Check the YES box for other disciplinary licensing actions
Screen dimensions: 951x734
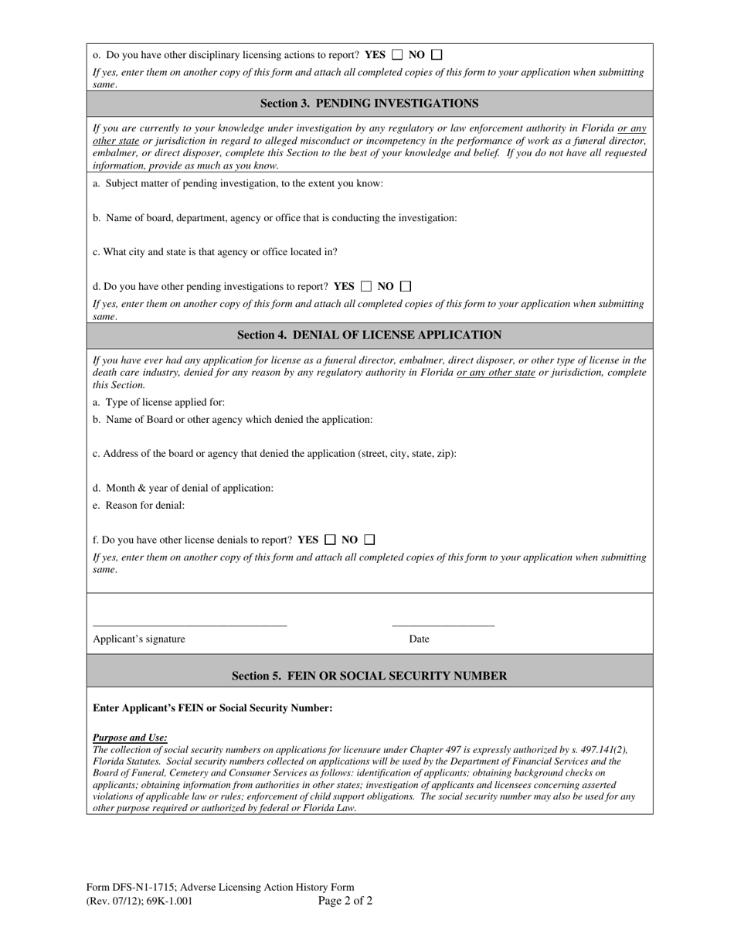point(397,55)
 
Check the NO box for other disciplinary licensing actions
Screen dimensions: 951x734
point(437,55)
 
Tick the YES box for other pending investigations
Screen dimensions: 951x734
point(366,286)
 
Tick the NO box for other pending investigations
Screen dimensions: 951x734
point(406,286)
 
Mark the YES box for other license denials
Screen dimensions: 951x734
point(330,540)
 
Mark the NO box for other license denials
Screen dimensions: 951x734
point(369,540)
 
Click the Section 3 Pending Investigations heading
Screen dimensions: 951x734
point(369,104)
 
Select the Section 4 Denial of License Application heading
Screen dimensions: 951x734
point(369,335)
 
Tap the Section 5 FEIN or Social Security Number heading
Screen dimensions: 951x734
point(369,676)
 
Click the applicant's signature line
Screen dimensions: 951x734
point(189,624)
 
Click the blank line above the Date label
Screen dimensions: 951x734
point(443,624)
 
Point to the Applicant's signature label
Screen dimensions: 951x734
point(139,639)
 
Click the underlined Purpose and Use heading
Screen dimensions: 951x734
point(130,738)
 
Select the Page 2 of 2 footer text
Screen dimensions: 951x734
point(345,901)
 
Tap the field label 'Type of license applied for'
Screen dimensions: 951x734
point(159,402)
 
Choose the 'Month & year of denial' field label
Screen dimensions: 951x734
point(183,488)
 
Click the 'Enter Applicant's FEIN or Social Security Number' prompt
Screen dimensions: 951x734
point(212,708)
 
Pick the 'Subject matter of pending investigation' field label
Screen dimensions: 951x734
point(238,183)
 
